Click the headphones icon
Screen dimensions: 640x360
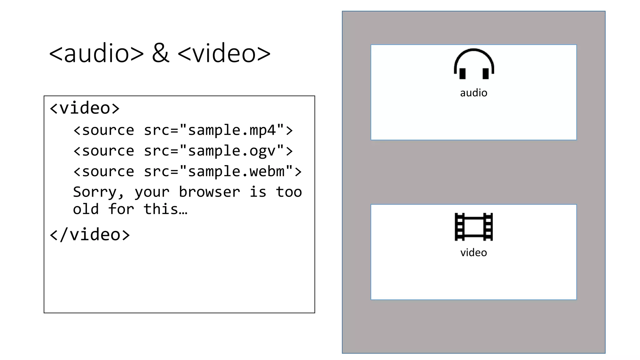click(x=474, y=64)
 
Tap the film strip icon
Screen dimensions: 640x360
click(x=474, y=227)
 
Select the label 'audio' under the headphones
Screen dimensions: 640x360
click(x=473, y=93)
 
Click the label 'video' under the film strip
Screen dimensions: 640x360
click(x=473, y=252)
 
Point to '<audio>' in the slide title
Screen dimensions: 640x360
click(x=96, y=53)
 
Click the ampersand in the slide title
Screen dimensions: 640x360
click(x=161, y=53)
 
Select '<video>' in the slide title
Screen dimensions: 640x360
click(x=224, y=53)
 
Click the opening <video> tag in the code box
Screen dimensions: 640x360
click(x=85, y=108)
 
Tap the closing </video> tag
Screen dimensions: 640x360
click(x=90, y=235)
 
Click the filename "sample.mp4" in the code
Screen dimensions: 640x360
click(x=232, y=130)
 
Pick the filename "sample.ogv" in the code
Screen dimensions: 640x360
click(x=232, y=151)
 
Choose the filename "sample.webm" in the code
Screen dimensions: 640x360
click(x=236, y=172)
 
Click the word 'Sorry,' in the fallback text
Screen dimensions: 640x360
click(x=98, y=192)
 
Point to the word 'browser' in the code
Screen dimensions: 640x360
click(x=209, y=192)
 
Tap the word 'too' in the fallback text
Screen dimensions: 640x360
click(x=289, y=192)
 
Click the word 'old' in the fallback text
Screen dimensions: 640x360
click(x=86, y=209)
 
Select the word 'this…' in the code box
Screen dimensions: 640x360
click(x=165, y=209)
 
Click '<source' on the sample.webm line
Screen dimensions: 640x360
click(x=104, y=172)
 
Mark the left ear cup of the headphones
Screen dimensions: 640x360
click(x=462, y=73)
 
